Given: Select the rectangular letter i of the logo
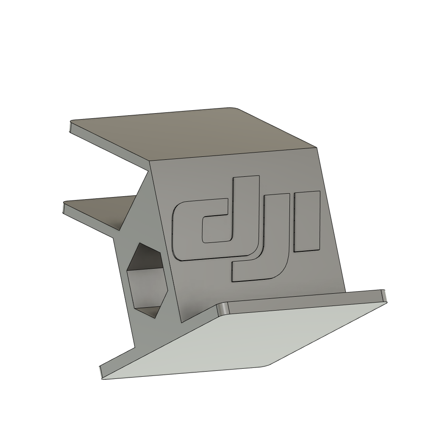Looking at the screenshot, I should pos(307,221).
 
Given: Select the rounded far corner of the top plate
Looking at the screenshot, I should pos(232,108).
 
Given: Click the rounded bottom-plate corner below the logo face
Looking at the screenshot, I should pos(221,309).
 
